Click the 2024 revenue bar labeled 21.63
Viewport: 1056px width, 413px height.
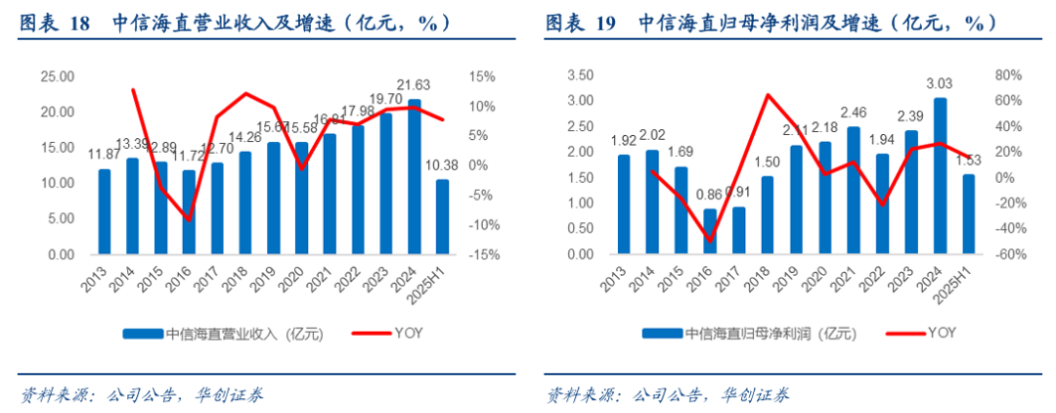[x=415, y=176]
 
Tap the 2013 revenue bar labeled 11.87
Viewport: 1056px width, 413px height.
[x=105, y=211]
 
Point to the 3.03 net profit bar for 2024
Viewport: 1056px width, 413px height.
[x=940, y=176]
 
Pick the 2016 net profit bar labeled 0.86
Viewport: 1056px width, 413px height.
[x=710, y=231]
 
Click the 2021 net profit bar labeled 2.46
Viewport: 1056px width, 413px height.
[x=854, y=190]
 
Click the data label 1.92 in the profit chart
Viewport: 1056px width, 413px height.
[x=623, y=140]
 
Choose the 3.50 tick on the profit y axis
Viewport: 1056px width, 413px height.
[x=580, y=74]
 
